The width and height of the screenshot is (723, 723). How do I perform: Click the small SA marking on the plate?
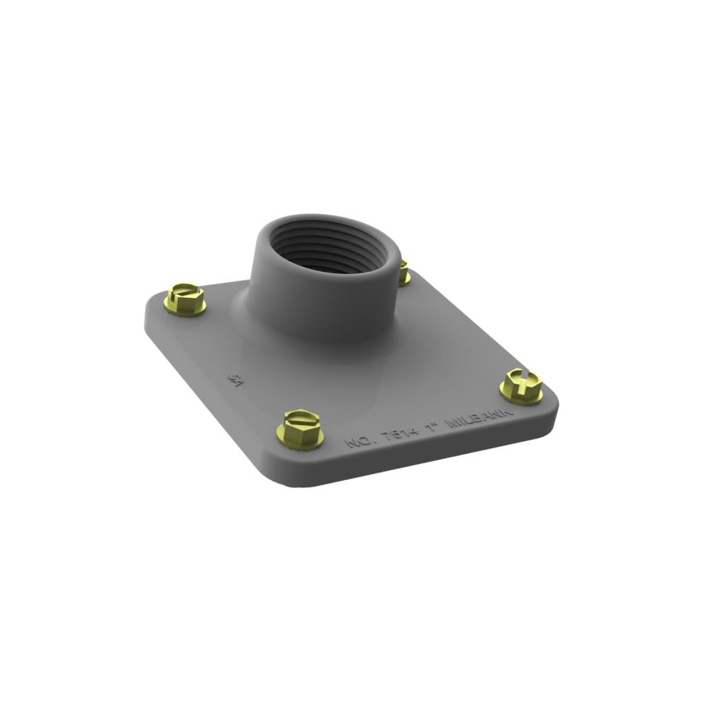(234, 378)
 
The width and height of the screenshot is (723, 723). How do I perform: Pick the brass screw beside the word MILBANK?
(521, 385)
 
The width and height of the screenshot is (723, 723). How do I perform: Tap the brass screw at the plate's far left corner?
(185, 299)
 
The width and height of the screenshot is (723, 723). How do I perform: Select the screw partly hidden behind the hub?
(404, 273)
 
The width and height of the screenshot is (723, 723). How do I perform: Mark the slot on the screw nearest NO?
(299, 417)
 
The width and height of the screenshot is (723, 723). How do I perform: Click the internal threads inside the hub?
(325, 249)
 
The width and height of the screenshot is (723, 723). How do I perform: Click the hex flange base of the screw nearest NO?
(300, 440)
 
